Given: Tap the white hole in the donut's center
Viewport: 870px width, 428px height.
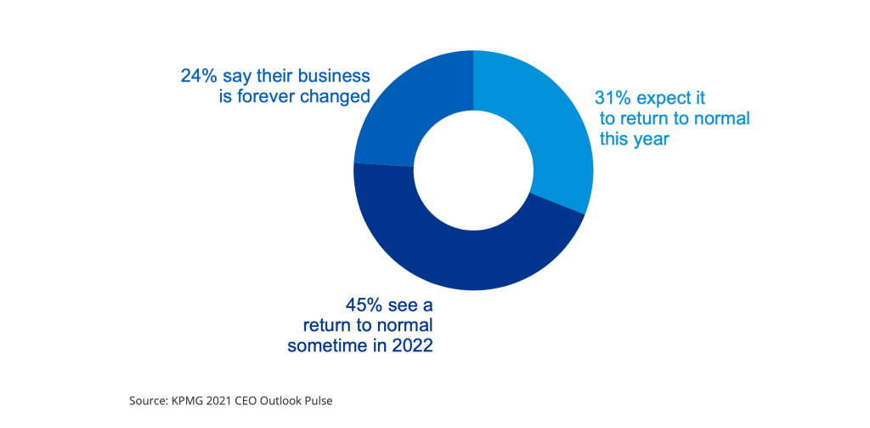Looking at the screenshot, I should tap(472, 170).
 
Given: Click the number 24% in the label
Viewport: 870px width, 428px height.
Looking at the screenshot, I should tap(198, 75).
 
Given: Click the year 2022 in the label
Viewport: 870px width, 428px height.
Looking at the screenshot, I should tap(414, 345).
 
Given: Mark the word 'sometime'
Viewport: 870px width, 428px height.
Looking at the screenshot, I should tap(324, 345).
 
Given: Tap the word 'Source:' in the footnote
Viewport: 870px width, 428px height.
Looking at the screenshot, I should tap(149, 400).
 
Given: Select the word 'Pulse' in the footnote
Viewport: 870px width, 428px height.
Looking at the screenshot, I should tap(316, 400).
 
